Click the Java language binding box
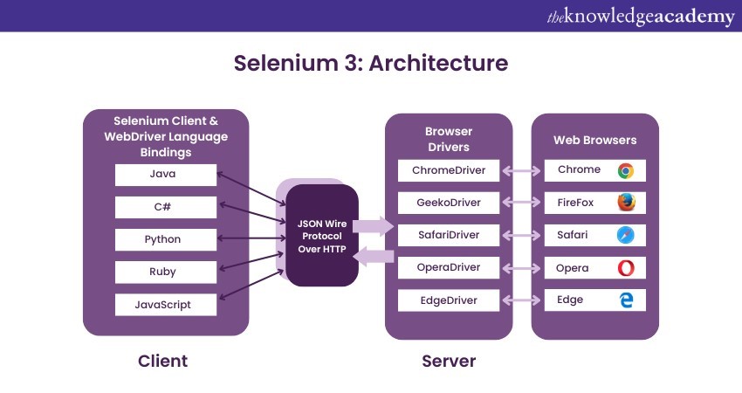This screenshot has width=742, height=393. point(165,175)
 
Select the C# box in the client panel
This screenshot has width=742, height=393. point(165,207)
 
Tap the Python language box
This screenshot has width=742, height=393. point(165,239)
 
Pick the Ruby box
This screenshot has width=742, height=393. point(165,272)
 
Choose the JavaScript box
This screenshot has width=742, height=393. point(165,305)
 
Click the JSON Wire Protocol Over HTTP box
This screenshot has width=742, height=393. point(323,235)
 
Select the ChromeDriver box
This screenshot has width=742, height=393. point(449,170)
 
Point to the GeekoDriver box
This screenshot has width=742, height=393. point(449,203)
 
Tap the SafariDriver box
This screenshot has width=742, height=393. point(449,235)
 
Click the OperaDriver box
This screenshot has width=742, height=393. point(449,268)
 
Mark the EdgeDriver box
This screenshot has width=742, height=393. point(449,300)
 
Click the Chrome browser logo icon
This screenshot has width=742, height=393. point(626,170)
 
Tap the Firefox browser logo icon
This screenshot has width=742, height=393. point(626,203)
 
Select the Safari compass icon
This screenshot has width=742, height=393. point(626,235)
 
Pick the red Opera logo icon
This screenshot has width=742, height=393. point(626,268)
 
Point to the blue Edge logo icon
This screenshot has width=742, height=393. point(626,300)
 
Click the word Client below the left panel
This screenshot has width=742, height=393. point(163,361)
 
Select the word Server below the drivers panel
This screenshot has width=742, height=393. point(449,361)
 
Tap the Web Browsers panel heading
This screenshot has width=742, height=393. point(595,140)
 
